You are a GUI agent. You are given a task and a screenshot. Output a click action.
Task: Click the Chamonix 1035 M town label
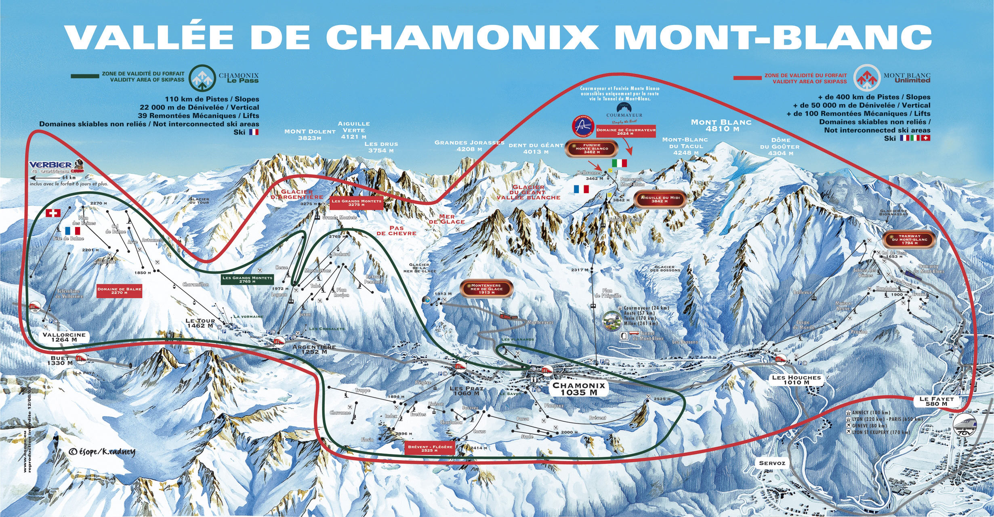pyautogui.click(x=579, y=389)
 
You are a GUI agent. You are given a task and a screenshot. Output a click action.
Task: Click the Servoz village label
pyautogui.click(x=772, y=463)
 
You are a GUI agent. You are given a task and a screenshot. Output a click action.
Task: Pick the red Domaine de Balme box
pyautogui.click(x=120, y=291)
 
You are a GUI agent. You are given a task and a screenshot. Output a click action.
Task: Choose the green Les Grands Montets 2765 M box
pyautogui.click(x=248, y=280)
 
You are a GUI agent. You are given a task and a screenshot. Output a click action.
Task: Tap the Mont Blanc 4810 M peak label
pyautogui.click(x=721, y=125)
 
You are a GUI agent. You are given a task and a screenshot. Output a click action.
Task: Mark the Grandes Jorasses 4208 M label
pyautogui.click(x=469, y=145)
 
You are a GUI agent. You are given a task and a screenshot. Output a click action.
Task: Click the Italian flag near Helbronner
pyautogui.click(x=619, y=163)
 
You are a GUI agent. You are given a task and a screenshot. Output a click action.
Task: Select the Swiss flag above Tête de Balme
pyautogui.click(x=53, y=213)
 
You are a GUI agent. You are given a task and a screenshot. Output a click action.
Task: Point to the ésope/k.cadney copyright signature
pyautogui.click(x=101, y=452)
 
